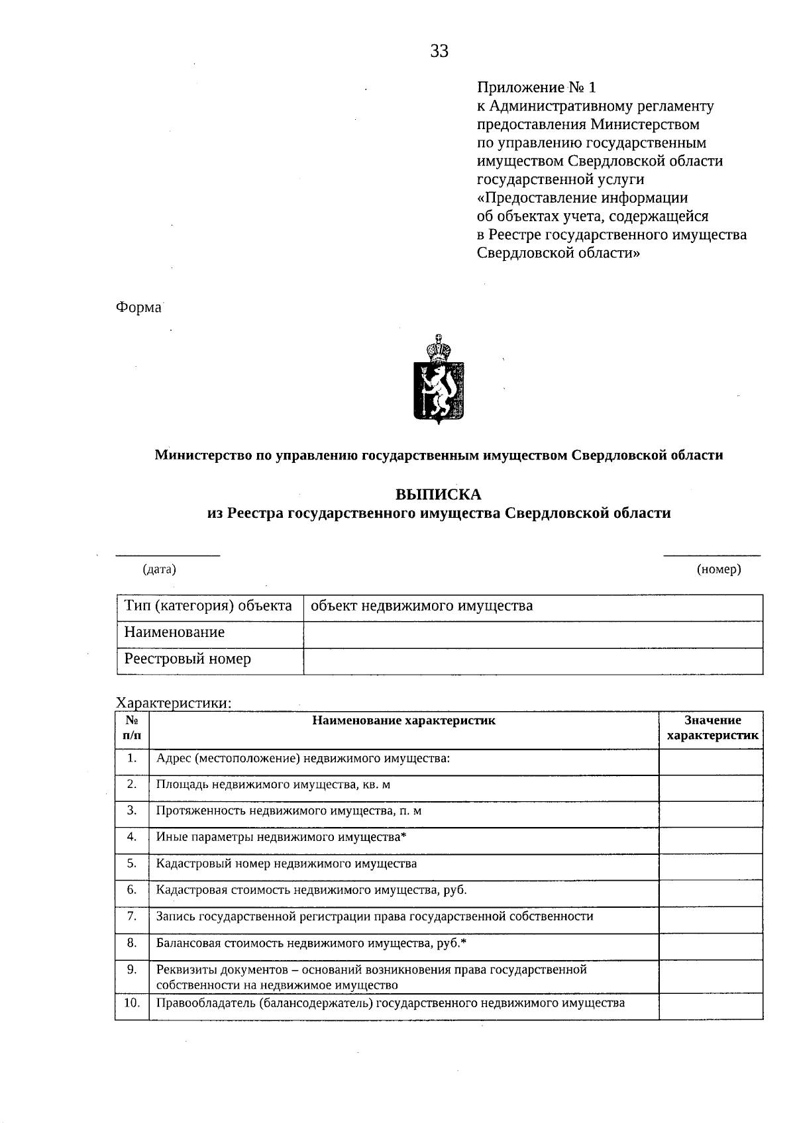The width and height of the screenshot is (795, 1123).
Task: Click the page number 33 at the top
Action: tap(439, 52)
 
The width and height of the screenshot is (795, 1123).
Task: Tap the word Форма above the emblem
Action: tap(138, 308)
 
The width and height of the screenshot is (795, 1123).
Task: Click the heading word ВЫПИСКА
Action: tap(439, 495)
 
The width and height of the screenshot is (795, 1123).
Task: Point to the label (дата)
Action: tap(160, 569)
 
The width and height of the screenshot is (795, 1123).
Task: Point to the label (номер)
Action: tap(719, 569)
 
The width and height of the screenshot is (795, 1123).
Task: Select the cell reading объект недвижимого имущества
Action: tap(422, 606)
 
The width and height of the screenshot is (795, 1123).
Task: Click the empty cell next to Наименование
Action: tap(533, 634)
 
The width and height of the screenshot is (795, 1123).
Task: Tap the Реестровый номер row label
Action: tap(188, 659)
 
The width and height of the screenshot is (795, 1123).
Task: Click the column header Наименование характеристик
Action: tap(403, 720)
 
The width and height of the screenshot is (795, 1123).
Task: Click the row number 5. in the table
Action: tap(132, 863)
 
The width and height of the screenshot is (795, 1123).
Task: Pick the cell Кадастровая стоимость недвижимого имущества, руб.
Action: tap(311, 890)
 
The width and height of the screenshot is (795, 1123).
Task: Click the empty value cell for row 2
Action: tap(711, 787)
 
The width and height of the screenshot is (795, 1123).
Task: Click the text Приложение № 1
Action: tap(537, 87)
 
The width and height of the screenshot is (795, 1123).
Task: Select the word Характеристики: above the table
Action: tap(174, 703)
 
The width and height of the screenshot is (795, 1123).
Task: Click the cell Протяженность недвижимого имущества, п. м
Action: tap(289, 811)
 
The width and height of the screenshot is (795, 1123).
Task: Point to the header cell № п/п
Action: tap(132, 728)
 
